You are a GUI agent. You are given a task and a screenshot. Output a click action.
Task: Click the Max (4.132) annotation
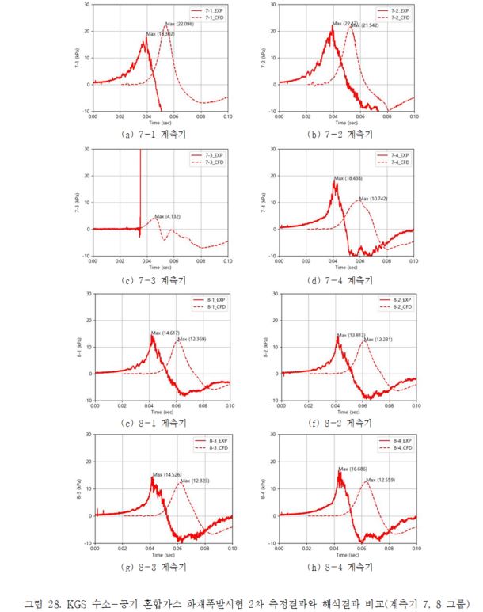pyautogui.click(x=169, y=216)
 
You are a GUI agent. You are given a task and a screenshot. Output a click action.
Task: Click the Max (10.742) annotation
pyautogui.click(x=374, y=199)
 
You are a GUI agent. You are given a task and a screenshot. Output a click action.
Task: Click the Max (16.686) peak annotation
pyautogui.click(x=353, y=469)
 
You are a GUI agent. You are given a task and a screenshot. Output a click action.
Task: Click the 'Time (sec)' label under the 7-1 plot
pyautogui.click(x=161, y=124)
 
